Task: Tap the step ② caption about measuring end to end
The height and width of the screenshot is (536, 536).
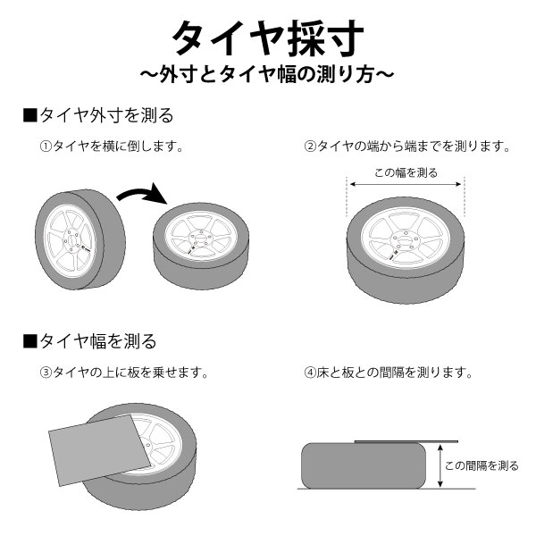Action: tap(406, 146)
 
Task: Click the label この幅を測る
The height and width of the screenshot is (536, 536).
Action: tap(406, 172)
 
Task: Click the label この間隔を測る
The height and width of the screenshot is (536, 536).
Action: tap(482, 465)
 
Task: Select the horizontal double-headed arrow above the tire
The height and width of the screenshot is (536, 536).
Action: tap(406, 185)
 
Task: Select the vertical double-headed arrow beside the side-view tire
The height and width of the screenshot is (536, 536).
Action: tap(439, 466)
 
